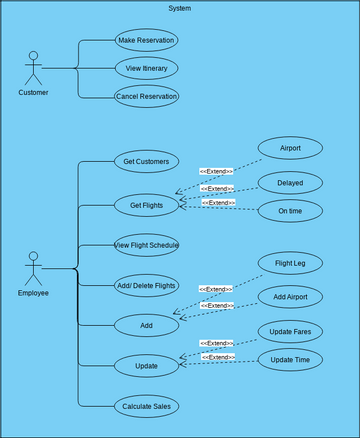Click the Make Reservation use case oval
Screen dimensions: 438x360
pyautogui.click(x=146, y=40)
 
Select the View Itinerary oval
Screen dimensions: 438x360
pyautogui.click(x=146, y=68)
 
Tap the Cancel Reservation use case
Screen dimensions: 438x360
pyautogui.click(x=146, y=96)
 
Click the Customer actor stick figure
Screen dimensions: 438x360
pyautogui.click(x=33, y=68)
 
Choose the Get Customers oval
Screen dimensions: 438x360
pyautogui.click(x=146, y=161)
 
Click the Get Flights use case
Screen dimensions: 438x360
pyautogui.click(x=146, y=206)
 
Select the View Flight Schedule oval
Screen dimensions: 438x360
pyautogui.click(x=146, y=244)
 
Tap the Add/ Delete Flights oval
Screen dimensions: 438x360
pyautogui.click(x=146, y=285)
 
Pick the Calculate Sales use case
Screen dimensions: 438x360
pyautogui.click(x=146, y=406)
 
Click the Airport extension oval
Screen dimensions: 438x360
pyautogui.click(x=290, y=148)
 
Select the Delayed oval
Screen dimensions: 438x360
pyautogui.click(x=290, y=182)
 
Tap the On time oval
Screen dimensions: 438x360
pyautogui.click(x=290, y=210)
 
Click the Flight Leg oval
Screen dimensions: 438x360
pyautogui.click(x=290, y=264)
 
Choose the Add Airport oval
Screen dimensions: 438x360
pyautogui.click(x=290, y=297)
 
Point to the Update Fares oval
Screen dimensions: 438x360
pyautogui.click(x=290, y=330)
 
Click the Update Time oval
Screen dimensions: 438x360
pyautogui.click(x=290, y=358)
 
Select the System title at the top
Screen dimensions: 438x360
pyautogui.click(x=180, y=8)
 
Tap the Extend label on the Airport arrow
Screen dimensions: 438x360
pyautogui.click(x=216, y=171)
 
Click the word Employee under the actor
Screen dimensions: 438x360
pyautogui.click(x=33, y=293)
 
